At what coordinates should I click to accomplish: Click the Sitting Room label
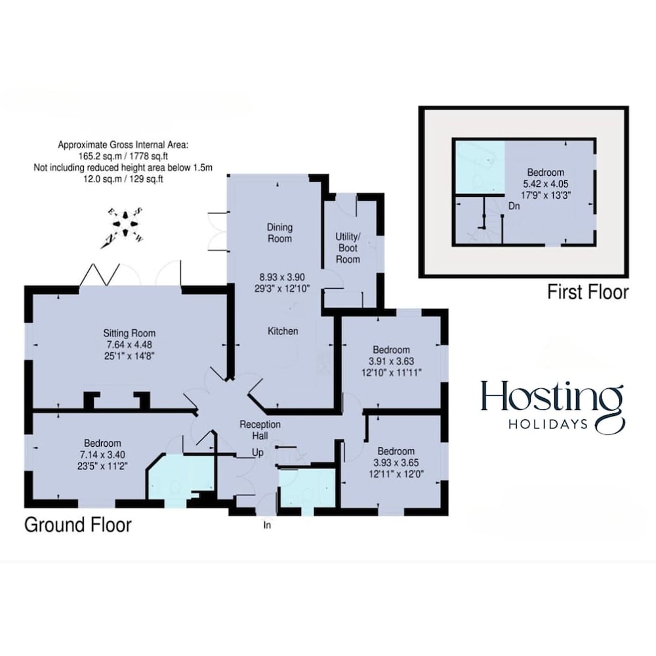129,333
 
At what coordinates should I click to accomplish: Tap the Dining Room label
280,233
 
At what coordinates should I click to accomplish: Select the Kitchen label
283,331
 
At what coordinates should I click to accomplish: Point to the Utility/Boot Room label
348,248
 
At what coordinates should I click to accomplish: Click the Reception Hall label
260,430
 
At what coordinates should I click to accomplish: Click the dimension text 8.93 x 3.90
282,277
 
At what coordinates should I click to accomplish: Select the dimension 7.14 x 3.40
102,455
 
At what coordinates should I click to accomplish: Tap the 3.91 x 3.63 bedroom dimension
391,361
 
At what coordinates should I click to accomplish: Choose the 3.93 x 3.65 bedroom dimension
396,462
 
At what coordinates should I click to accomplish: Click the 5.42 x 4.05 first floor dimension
546,184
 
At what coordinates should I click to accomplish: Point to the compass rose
125,224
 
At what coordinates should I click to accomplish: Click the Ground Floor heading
78,525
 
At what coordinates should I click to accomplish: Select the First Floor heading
588,292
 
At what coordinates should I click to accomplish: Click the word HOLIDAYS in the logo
548,424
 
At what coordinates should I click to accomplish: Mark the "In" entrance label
267,525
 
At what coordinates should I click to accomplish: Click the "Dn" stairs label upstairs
514,206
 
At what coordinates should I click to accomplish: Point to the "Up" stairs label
258,453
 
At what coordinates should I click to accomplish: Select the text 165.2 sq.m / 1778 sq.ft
123,157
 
